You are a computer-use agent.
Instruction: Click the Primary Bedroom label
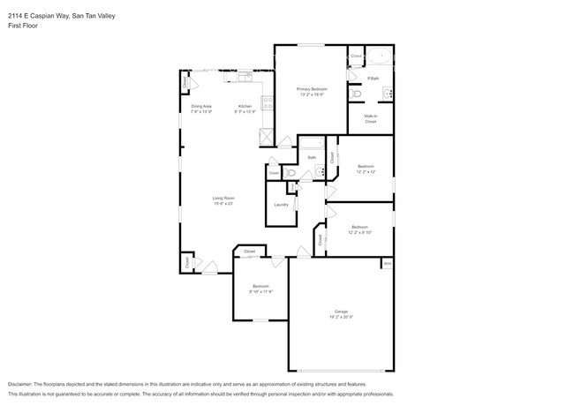(x=311, y=89)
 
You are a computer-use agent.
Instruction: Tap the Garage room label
(x=341, y=311)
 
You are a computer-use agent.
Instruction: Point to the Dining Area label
(x=201, y=106)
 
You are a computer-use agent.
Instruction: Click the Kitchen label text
(x=244, y=106)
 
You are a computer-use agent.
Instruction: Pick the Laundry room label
(x=281, y=204)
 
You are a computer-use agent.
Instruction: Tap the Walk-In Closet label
(x=371, y=118)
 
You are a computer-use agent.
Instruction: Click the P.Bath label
(x=374, y=79)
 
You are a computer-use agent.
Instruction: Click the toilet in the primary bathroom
(x=357, y=94)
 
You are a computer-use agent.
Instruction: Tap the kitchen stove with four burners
(x=265, y=137)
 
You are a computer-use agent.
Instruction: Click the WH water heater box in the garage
(x=387, y=263)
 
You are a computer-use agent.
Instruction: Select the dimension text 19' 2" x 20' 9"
(x=341, y=317)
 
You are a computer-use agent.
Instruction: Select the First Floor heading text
(x=22, y=26)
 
